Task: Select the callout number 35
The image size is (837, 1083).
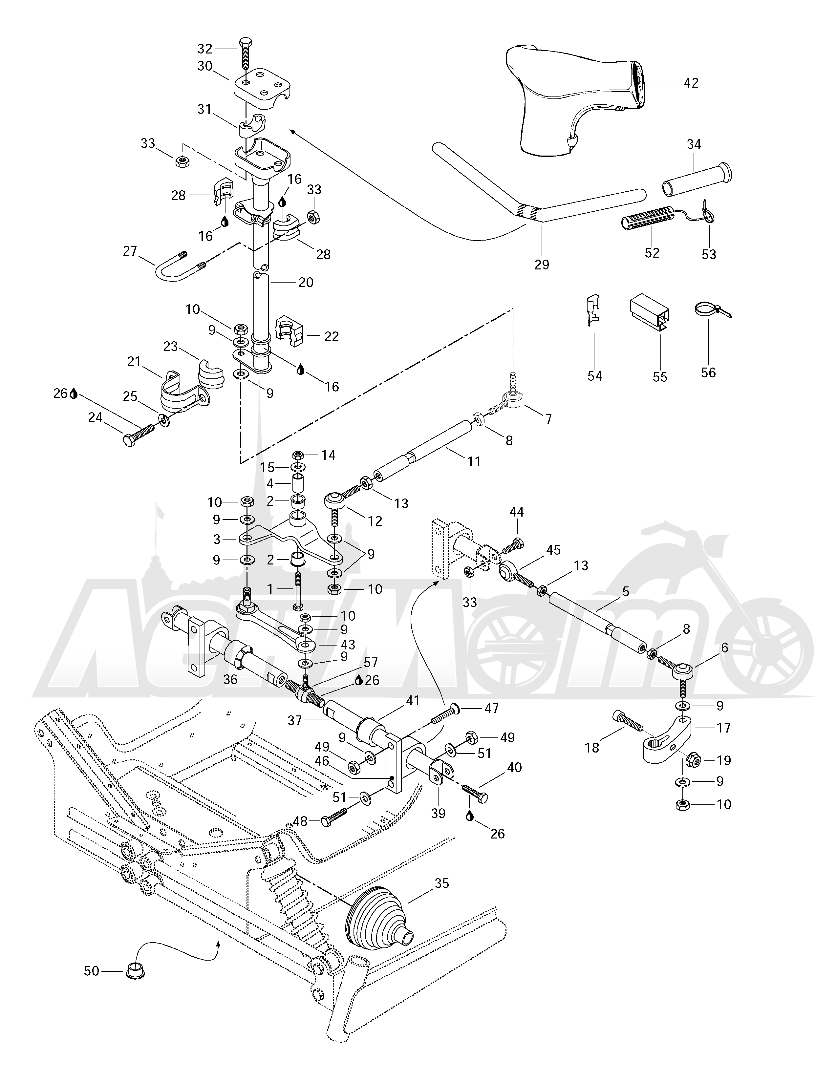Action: pyautogui.click(x=441, y=883)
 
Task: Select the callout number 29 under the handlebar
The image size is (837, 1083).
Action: pyautogui.click(x=542, y=264)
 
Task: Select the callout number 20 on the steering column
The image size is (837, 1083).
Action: pyautogui.click(x=306, y=282)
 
